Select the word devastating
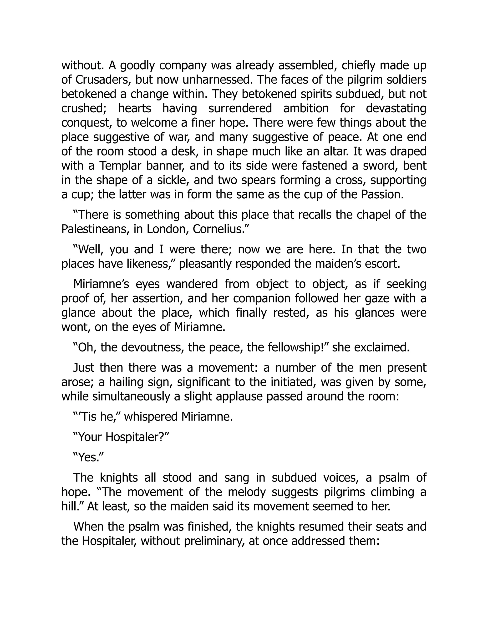tap(396, 109)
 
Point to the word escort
tap(383, 264)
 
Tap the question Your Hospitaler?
tap(121, 437)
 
